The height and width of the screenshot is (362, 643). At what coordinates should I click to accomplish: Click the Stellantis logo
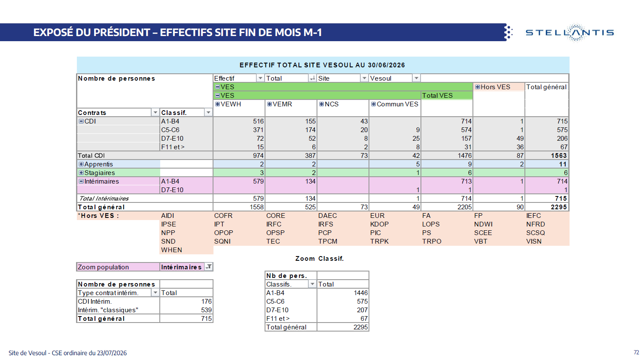pyautogui.click(x=570, y=33)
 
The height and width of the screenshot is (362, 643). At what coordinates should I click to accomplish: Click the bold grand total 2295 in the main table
pyautogui.click(x=559, y=207)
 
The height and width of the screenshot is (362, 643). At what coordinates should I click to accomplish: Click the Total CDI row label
pyautogui.click(x=91, y=156)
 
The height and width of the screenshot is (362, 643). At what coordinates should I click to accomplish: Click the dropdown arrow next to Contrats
pyautogui.click(x=155, y=112)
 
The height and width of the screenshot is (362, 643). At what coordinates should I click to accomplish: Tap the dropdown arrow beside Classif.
pyautogui.click(x=208, y=112)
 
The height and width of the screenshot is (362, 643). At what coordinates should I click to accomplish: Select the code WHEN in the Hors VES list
pyautogui.click(x=171, y=250)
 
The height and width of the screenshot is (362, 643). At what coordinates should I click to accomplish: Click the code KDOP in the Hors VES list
pyautogui.click(x=379, y=224)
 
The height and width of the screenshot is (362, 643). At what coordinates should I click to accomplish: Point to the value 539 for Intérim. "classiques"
pyautogui.click(x=207, y=310)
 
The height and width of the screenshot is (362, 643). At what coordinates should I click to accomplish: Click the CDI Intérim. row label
pyautogui.click(x=95, y=302)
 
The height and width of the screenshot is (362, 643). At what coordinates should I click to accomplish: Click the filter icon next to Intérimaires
pyautogui.click(x=209, y=267)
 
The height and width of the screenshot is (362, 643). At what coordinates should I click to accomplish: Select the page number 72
pyautogui.click(x=637, y=352)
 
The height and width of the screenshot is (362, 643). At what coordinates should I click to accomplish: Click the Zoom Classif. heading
pyautogui.click(x=320, y=259)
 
